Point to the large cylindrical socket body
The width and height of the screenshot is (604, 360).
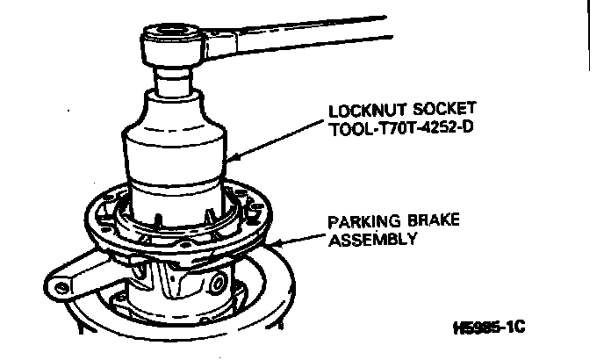[175, 158]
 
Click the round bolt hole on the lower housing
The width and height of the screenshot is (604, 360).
[214, 284]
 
